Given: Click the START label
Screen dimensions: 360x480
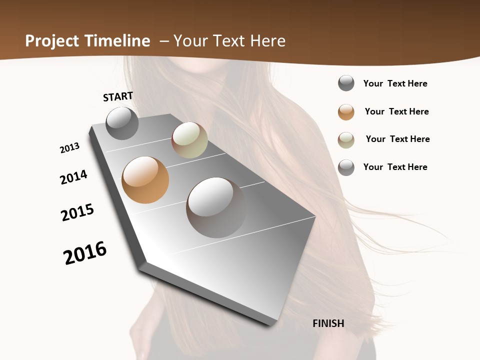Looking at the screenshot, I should [118, 96].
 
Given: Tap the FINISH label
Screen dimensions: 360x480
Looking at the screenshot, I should [328, 323].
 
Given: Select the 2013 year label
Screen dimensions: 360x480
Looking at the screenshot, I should [70, 148].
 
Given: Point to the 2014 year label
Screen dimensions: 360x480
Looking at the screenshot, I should [74, 177].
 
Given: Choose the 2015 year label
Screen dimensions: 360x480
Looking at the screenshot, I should [77, 212].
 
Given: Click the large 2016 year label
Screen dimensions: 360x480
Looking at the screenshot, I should [85, 253].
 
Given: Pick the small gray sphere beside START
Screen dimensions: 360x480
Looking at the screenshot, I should [122, 123].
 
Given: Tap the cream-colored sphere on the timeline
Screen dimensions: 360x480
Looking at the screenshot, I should [189, 140].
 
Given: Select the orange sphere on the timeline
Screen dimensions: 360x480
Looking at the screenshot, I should [145, 180].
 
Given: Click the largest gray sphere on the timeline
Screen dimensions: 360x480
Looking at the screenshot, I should [216, 207].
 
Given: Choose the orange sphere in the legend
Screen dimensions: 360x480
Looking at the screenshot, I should [346, 112].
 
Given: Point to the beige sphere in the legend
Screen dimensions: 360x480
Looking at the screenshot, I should [346, 140].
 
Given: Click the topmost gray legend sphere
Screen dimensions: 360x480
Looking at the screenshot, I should [346, 83].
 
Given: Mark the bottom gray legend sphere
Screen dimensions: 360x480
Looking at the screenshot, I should [346, 167].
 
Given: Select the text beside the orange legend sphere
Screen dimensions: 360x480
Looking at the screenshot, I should [396, 111].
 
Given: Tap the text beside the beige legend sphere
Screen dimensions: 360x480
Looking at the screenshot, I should [397, 139].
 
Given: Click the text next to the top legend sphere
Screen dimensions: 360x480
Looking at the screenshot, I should [395, 83].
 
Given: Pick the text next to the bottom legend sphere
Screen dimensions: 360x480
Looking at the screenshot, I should [395, 167].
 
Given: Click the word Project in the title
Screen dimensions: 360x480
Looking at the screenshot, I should [52, 41].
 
